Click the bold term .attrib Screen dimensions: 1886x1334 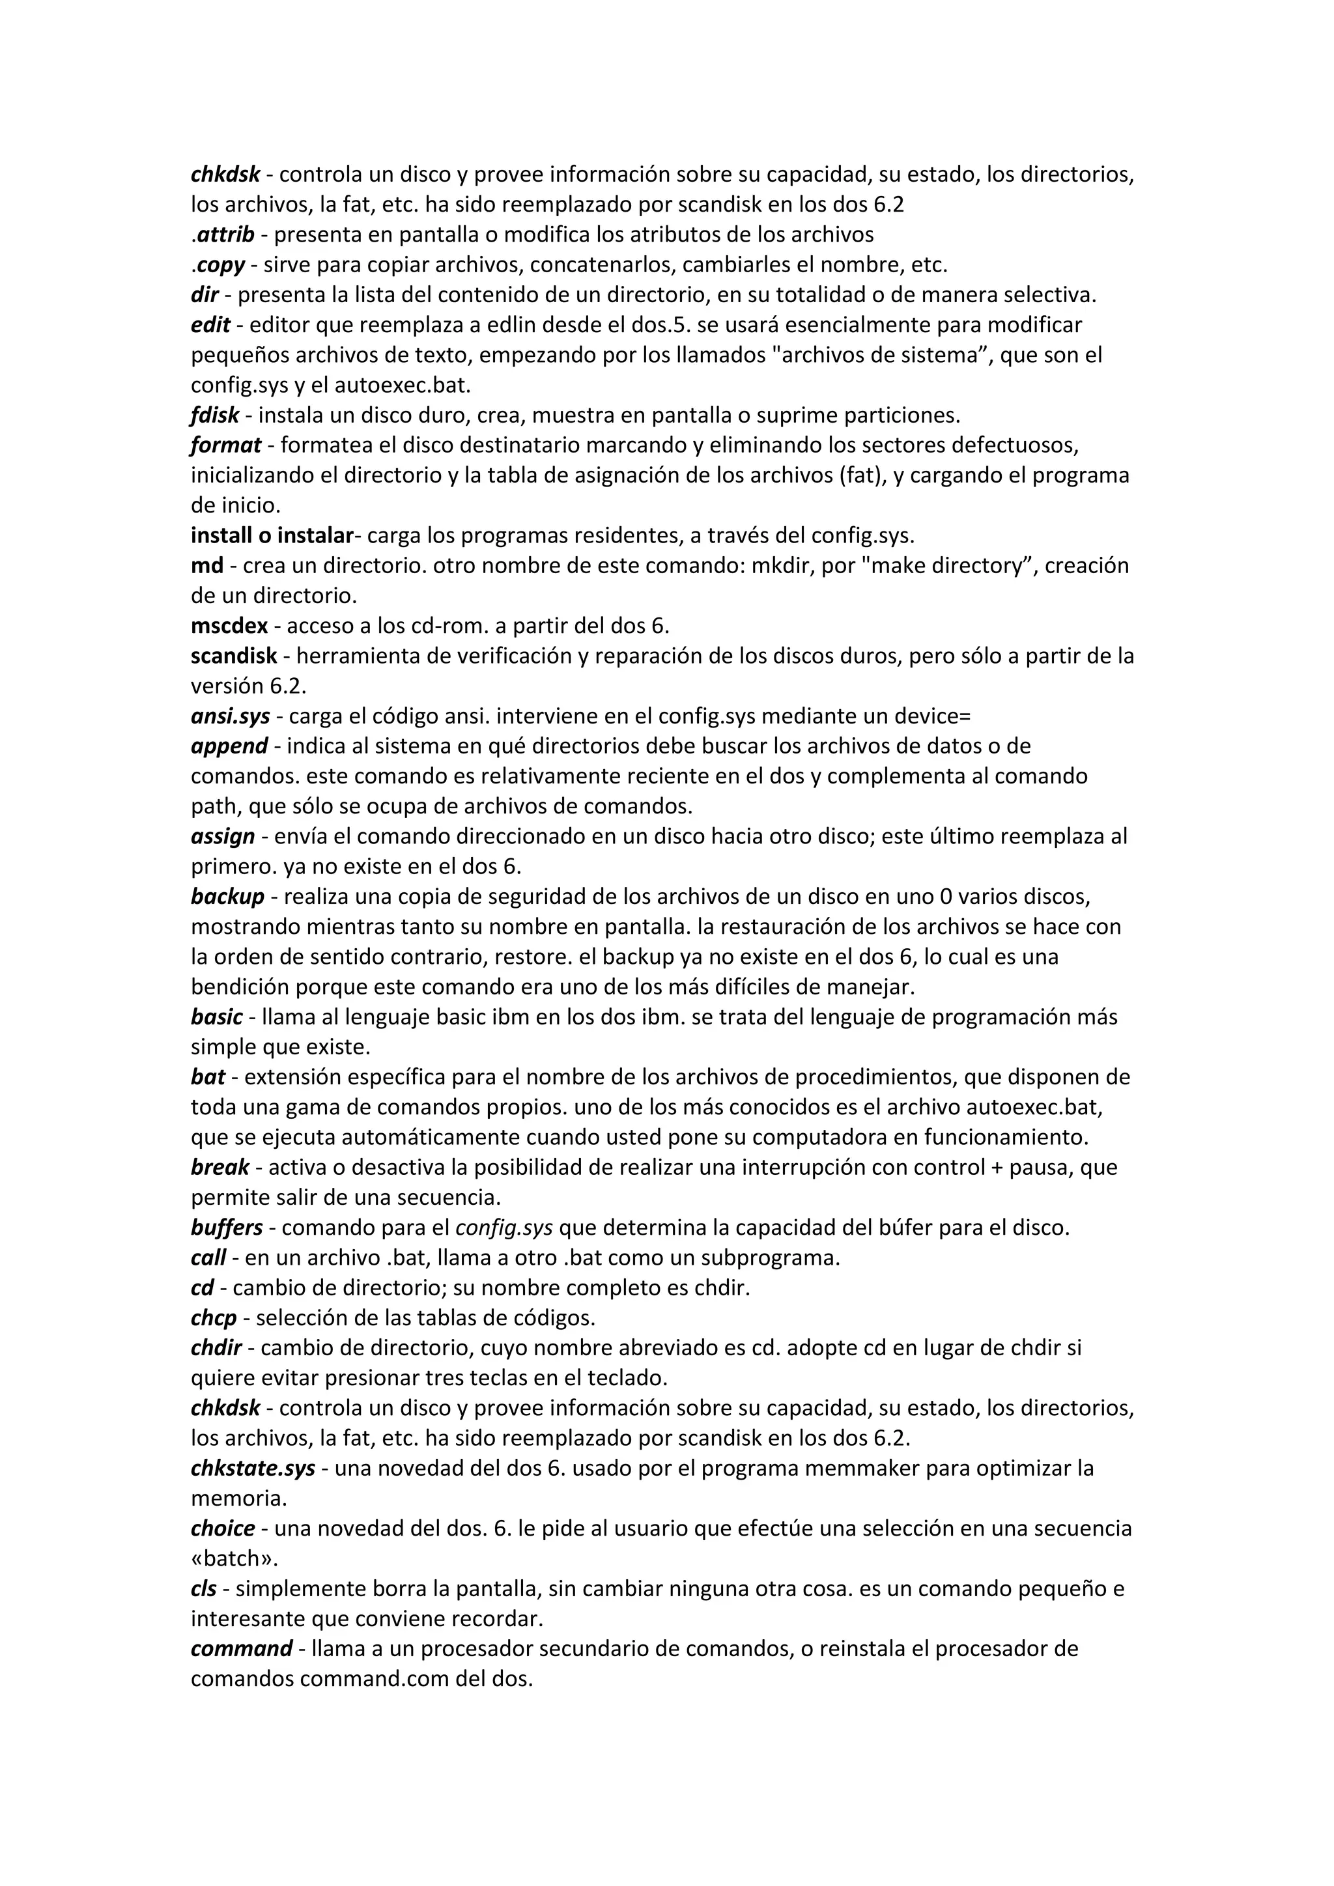point(224,235)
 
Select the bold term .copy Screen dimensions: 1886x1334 point(220,265)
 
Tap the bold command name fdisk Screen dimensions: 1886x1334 point(214,415)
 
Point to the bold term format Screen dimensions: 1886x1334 point(226,445)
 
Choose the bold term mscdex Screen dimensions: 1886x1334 point(229,626)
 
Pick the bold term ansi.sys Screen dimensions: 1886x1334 point(230,716)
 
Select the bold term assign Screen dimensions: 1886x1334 point(223,836)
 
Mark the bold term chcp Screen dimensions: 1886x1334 point(214,1317)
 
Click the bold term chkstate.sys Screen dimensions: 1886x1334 point(253,1468)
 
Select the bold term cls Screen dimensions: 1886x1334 point(204,1588)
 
